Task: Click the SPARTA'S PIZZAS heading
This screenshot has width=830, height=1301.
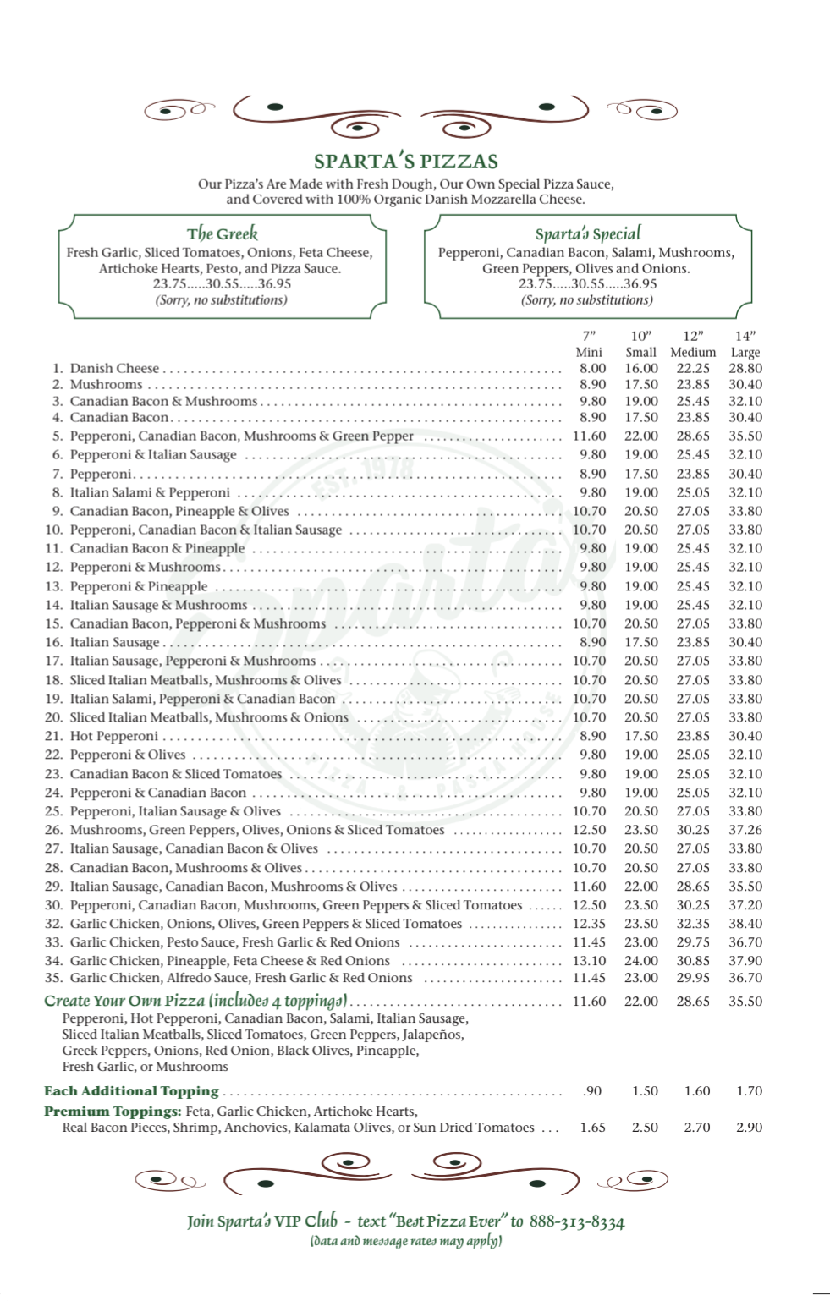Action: [x=406, y=161]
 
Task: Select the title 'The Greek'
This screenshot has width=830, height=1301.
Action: [x=223, y=233]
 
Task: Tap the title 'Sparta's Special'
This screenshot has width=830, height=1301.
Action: [x=588, y=233]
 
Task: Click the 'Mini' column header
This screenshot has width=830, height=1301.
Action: [x=589, y=352]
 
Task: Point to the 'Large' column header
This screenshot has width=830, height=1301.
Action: [x=745, y=352]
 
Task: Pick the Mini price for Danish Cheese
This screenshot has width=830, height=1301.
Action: [x=592, y=368]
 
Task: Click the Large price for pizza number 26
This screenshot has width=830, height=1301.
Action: [x=745, y=830]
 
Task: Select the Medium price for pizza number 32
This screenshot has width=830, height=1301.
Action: [x=693, y=924]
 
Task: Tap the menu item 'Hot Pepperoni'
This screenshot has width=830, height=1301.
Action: [x=114, y=736]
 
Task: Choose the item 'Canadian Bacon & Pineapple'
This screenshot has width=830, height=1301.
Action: [x=157, y=548]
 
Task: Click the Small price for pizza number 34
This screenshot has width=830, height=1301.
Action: [x=641, y=961]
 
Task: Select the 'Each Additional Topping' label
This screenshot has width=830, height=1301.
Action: [x=131, y=1091]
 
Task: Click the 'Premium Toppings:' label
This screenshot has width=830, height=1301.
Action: [x=113, y=1112]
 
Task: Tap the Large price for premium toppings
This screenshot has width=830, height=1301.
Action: [x=749, y=1128]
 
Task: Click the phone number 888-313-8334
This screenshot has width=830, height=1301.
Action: [x=579, y=1221]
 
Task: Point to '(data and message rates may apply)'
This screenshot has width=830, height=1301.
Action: [x=406, y=1242]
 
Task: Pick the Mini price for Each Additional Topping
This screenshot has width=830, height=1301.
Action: [x=592, y=1091]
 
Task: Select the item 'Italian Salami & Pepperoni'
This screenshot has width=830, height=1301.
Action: [x=150, y=492]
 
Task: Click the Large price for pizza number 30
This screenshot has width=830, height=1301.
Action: [x=745, y=905]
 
